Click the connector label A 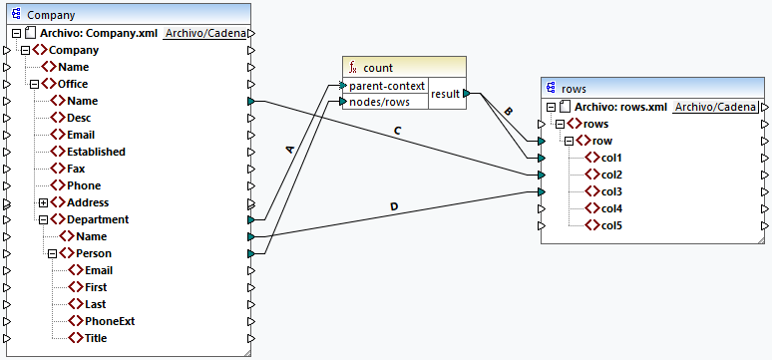290,149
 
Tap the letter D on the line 393,207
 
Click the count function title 377,68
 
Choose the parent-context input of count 387,86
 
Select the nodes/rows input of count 380,102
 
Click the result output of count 445,94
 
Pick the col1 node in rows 610,158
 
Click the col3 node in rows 610,191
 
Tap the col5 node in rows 610,225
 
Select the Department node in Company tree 97,219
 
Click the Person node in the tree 94,253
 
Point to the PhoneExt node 109,321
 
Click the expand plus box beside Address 44,202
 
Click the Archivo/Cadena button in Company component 204,33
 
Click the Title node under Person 95,338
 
